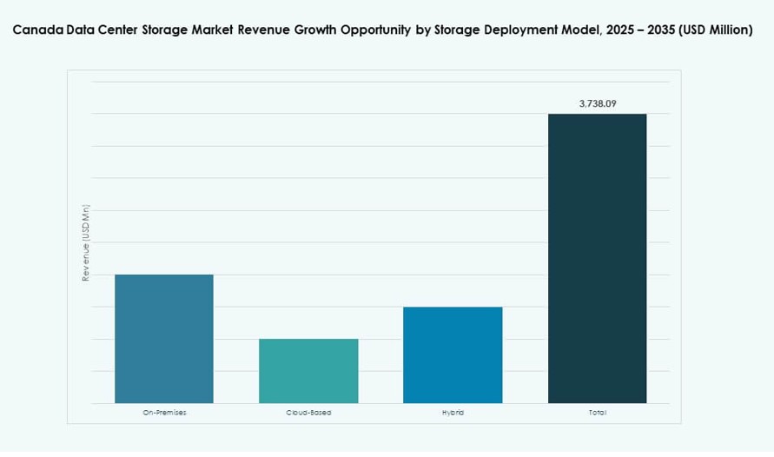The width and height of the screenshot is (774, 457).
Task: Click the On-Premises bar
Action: [x=164, y=339]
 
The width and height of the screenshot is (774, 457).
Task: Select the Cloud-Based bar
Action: [x=308, y=371]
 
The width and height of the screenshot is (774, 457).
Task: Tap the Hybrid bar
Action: [x=453, y=354]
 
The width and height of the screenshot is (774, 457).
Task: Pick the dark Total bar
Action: [x=597, y=258]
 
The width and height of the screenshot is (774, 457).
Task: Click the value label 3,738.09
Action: [x=598, y=103]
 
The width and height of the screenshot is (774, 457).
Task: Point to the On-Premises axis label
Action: [x=164, y=412]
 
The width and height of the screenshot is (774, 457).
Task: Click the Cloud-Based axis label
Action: [x=308, y=412]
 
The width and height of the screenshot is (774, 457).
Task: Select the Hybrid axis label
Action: [x=453, y=412]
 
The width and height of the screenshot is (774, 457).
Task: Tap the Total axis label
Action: [x=597, y=412]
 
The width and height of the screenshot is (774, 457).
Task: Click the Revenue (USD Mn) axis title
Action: [x=86, y=243]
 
